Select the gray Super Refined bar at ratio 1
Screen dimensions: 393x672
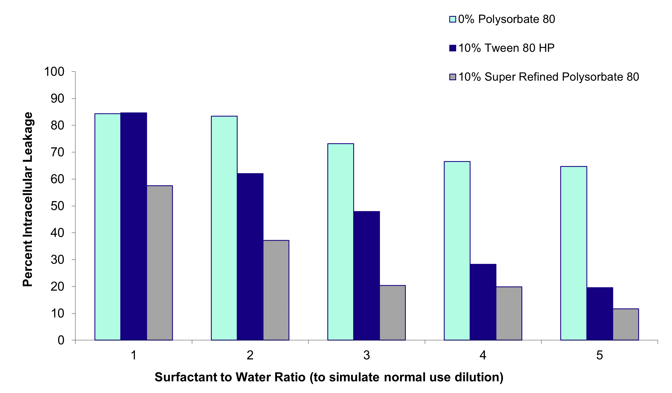click(x=160, y=263)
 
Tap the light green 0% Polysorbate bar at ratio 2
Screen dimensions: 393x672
click(x=224, y=228)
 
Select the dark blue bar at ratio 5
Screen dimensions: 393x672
click(x=600, y=314)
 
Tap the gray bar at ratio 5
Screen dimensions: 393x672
click(x=626, y=324)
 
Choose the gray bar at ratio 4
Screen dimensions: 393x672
click(x=509, y=313)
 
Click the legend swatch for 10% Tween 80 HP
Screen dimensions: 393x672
click(x=453, y=48)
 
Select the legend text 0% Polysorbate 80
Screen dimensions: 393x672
click(x=507, y=19)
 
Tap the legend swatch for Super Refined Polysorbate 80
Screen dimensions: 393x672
click(x=453, y=77)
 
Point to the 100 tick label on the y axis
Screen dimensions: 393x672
click(x=54, y=72)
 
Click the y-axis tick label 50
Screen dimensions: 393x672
click(x=57, y=206)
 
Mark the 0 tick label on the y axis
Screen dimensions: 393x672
click(x=61, y=340)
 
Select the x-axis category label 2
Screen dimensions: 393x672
click(x=250, y=355)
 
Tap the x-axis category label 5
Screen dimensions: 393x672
click(x=600, y=355)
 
